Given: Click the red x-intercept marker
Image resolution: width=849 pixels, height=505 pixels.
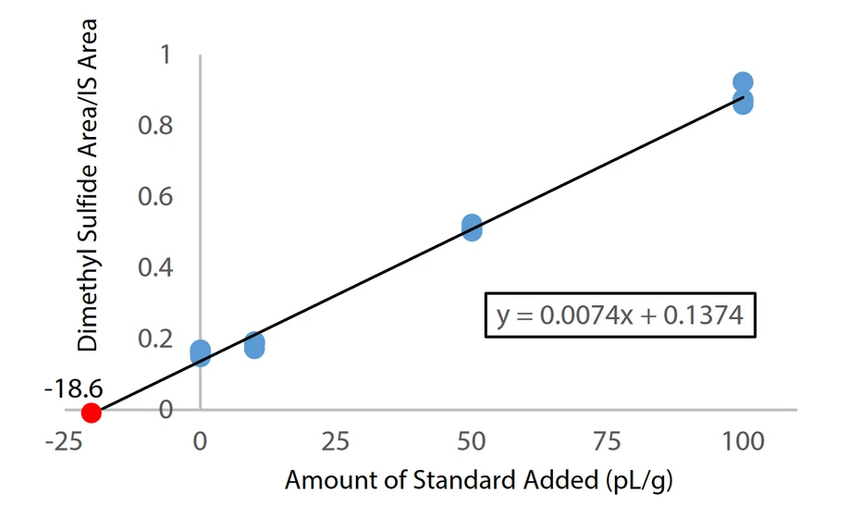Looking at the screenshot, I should click(x=91, y=412).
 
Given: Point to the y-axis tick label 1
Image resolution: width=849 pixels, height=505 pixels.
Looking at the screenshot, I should click(x=166, y=55).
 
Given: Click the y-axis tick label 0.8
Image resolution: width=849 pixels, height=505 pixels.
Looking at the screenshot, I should click(x=155, y=126).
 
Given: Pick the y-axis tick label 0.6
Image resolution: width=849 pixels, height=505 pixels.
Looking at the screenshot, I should click(x=155, y=197).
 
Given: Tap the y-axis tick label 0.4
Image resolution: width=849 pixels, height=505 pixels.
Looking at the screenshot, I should click(x=155, y=268).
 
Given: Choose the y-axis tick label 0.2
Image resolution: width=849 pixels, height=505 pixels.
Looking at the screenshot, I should click(x=155, y=339).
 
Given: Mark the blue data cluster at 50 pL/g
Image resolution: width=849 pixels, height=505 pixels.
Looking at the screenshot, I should click(x=472, y=228).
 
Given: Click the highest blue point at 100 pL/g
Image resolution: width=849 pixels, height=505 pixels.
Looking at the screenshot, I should click(x=743, y=83).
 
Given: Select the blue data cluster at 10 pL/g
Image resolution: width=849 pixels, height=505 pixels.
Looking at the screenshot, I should click(x=254, y=346).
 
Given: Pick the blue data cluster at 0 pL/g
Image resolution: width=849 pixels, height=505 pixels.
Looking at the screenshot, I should click(x=200, y=352).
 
